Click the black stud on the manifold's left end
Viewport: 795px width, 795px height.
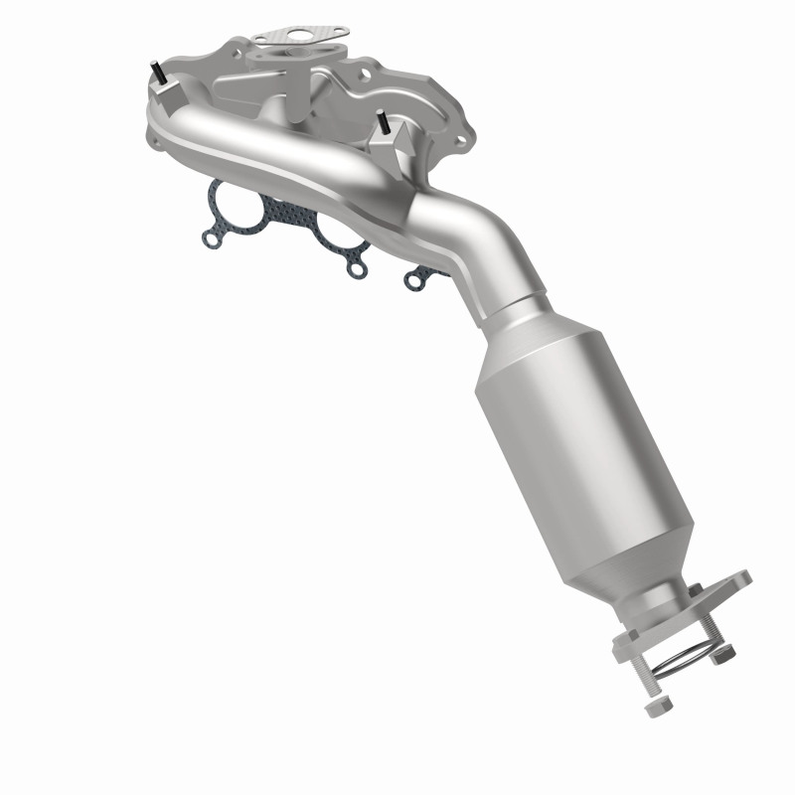point(157,73)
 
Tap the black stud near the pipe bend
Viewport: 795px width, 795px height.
point(382,123)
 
